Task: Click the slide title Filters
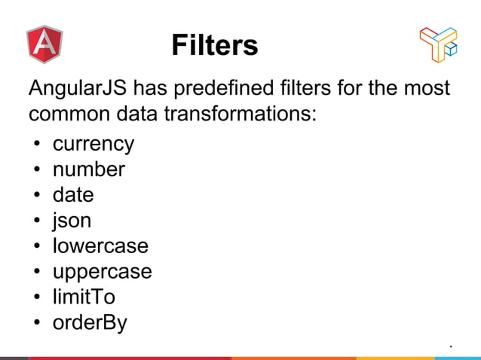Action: point(215,45)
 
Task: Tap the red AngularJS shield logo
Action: point(44,44)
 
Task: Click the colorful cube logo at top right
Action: point(438,44)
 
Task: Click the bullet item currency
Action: point(93,144)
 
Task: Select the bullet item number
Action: point(88,169)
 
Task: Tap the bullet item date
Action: point(73,195)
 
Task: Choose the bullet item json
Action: point(72,221)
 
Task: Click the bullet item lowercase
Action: point(100,246)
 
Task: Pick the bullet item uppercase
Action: point(102,272)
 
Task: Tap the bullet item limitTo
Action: point(83,297)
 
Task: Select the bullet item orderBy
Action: point(90,323)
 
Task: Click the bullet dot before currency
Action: point(35,145)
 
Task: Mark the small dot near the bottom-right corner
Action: point(450,346)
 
